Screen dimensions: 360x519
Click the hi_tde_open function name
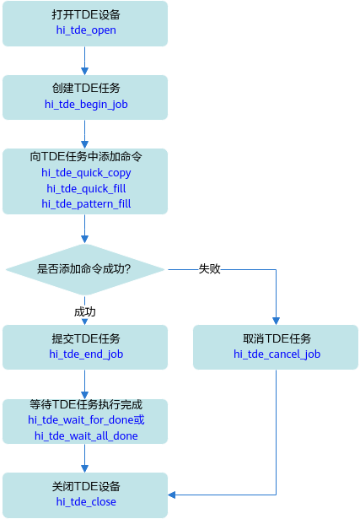click(86, 30)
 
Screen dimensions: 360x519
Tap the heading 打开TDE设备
click(86, 14)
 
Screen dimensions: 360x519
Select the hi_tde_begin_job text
click(86, 105)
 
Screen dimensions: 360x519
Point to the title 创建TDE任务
click(86, 88)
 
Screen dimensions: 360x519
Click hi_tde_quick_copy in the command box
click(86, 172)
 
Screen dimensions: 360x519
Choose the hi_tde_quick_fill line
click(86, 188)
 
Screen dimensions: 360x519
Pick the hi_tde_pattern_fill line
click(86, 203)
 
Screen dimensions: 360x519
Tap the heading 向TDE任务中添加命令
click(86, 156)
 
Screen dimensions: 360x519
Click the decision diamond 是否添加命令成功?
click(85, 269)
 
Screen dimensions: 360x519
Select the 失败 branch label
click(210, 268)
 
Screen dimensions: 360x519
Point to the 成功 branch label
click(85, 311)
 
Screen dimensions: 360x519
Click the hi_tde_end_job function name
click(86, 354)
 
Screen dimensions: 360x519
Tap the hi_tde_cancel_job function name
click(277, 354)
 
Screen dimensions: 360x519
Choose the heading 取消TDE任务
click(277, 338)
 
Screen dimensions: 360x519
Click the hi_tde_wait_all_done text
click(86, 435)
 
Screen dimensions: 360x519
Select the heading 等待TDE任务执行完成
click(86, 404)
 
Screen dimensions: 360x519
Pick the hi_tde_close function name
click(86, 501)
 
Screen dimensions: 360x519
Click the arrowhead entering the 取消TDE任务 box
click(276, 321)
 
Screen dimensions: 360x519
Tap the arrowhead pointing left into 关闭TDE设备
click(172, 495)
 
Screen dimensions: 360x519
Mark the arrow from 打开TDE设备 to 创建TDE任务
click(84, 61)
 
